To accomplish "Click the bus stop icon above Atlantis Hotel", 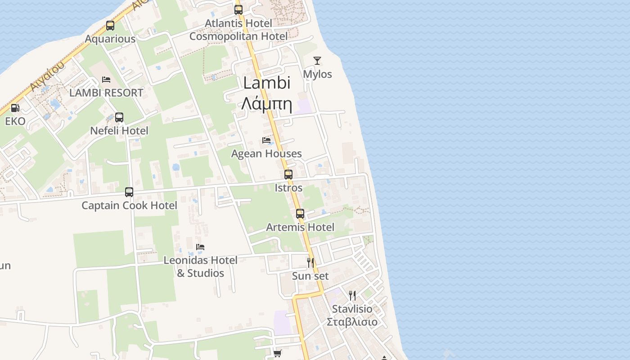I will tap(238, 9).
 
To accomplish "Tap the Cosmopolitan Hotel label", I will tap(238, 36).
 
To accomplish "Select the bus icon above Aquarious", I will tap(110, 26).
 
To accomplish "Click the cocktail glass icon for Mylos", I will tap(317, 61).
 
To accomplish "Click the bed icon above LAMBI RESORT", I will tap(106, 80).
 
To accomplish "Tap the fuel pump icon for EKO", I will tap(15, 108).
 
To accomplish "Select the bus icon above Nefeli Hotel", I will tap(119, 117).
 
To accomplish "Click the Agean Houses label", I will tap(266, 154).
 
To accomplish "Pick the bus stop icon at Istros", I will tap(288, 175).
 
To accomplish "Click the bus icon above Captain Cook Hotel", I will tap(129, 192).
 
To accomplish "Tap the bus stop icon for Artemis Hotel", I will tap(300, 214).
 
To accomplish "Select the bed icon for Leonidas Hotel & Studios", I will tap(200, 247).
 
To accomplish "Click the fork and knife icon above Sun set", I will tap(310, 262).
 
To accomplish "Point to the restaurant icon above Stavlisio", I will tap(352, 296).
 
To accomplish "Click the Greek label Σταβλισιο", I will tap(352, 322).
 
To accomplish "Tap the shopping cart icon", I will tap(278, 354).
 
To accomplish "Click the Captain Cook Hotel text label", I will tap(129, 206).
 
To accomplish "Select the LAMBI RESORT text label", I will tap(106, 93).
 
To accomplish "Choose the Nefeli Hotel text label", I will tap(119, 131).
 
